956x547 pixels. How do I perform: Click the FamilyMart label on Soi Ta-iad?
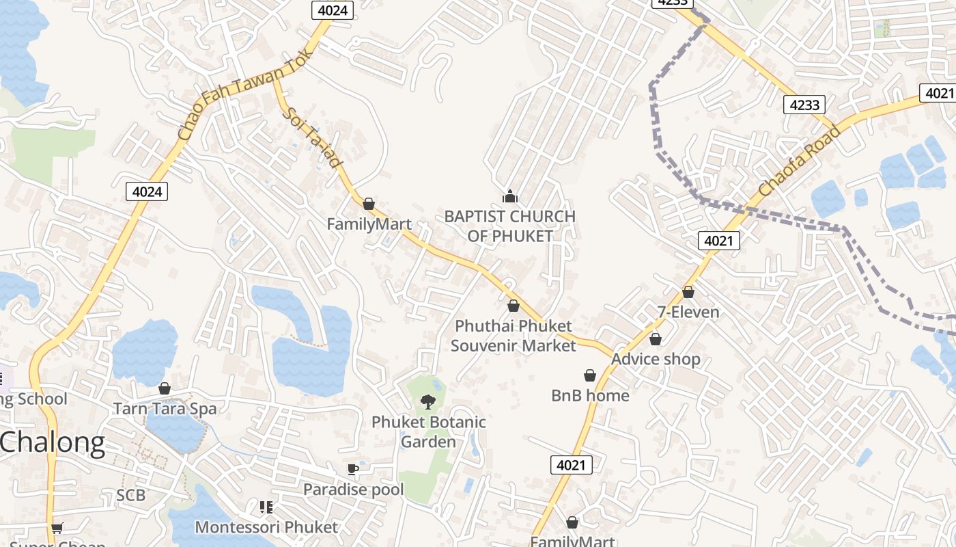point(369,224)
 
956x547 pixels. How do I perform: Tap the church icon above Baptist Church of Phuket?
point(510,197)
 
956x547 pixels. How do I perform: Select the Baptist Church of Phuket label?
point(509,226)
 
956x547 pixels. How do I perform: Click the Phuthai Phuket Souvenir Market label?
point(514,336)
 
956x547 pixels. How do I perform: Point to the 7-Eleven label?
point(688,312)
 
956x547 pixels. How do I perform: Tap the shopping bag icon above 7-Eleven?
point(688,292)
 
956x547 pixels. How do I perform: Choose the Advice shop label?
point(656,359)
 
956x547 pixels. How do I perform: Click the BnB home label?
point(590,395)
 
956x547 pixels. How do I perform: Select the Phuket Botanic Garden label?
point(428,432)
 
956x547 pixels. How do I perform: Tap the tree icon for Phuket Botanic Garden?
point(428,401)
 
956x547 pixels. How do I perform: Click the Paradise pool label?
point(353,490)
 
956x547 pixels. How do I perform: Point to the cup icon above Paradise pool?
point(352,469)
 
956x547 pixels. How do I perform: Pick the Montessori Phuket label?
point(266,527)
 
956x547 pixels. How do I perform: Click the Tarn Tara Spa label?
point(165,409)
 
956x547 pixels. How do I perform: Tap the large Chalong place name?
point(53,443)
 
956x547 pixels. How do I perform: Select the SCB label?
point(130,495)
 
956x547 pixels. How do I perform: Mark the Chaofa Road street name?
point(798,160)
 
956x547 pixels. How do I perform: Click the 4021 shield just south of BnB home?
point(571,465)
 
